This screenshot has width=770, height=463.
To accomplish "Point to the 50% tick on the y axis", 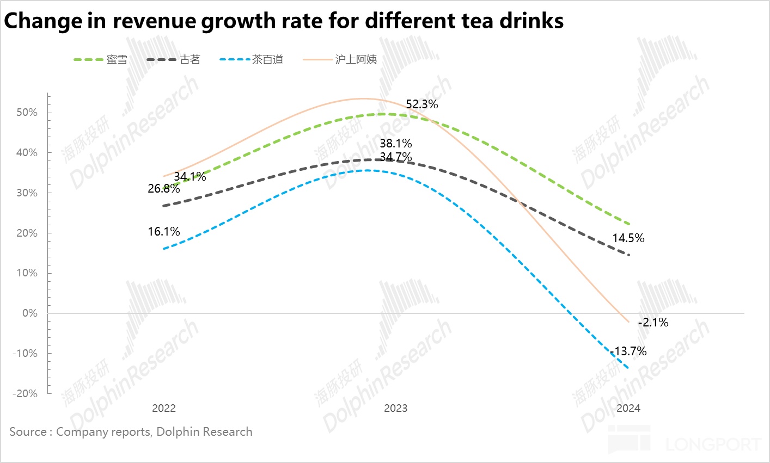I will tap(27, 113).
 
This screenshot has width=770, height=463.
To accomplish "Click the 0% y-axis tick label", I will tap(30, 313).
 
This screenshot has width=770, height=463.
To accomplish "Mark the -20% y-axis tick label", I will tap(25, 393).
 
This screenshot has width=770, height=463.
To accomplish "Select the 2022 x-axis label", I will tap(164, 408).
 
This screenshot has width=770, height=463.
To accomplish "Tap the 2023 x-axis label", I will tap(395, 408).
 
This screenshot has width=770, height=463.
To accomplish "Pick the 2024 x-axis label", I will tap(628, 408).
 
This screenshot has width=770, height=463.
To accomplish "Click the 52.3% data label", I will tap(422, 104).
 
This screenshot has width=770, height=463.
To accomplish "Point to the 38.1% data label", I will tap(396, 144).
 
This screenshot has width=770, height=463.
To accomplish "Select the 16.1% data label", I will tap(164, 232).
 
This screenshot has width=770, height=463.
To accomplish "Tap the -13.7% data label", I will tap(629, 351).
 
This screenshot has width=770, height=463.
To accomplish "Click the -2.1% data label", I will tap(653, 323).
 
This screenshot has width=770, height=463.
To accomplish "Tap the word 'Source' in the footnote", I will tap(28, 432).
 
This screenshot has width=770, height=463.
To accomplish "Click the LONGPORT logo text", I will tap(713, 444).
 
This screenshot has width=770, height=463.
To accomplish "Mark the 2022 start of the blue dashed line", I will tap(164, 249).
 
